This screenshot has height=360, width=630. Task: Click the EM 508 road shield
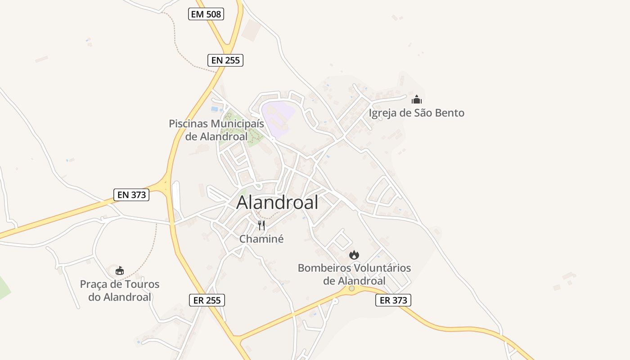click(206, 14)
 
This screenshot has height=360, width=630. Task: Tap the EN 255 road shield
click(225, 60)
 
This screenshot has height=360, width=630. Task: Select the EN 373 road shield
click(131, 194)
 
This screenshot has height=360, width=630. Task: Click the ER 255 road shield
click(207, 300)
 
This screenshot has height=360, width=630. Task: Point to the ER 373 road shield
click(393, 300)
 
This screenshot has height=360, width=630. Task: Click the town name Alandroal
click(277, 202)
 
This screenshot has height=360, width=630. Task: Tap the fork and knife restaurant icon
click(261, 225)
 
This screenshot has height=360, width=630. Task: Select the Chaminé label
click(261, 239)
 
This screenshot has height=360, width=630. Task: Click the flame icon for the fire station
click(354, 255)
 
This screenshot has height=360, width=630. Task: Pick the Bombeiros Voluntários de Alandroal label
click(354, 274)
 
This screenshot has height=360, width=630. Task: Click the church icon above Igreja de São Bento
click(417, 99)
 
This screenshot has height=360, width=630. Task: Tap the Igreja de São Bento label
click(416, 113)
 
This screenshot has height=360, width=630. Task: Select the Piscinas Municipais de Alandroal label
click(216, 130)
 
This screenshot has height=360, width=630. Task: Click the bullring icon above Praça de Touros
click(119, 271)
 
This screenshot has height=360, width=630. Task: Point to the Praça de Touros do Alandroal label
click(120, 291)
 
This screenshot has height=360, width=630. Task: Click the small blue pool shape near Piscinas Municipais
click(216, 108)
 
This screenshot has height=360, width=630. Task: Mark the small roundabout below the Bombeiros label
click(351, 288)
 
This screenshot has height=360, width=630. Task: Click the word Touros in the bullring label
click(142, 284)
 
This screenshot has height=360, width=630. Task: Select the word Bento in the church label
click(448, 113)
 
